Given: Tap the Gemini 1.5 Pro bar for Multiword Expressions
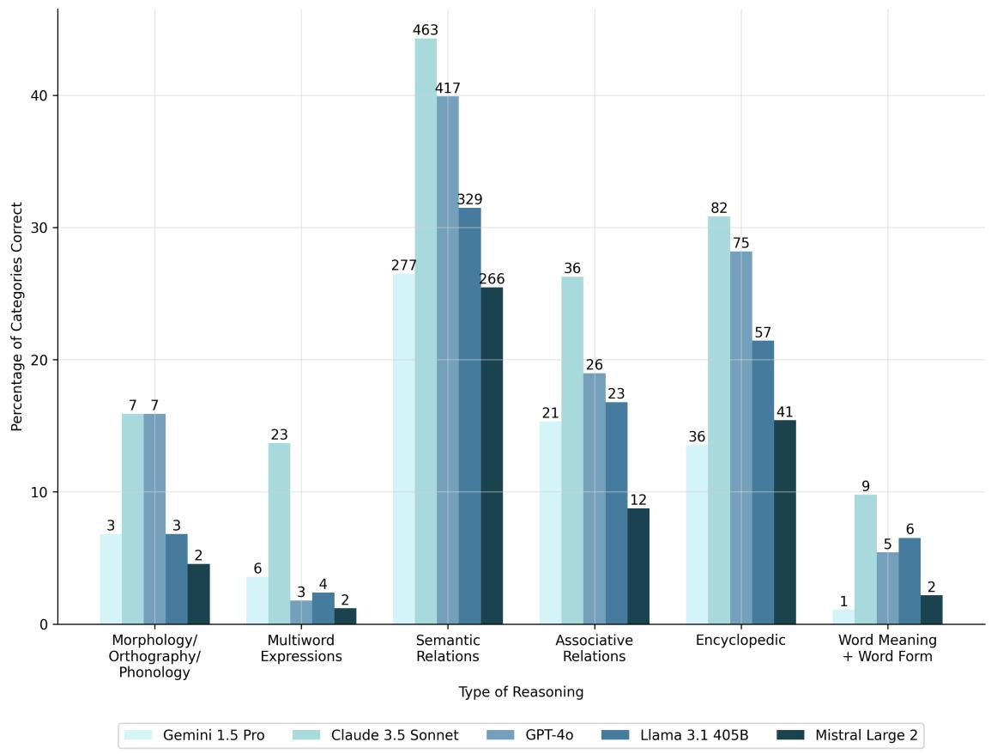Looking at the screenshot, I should (257, 600).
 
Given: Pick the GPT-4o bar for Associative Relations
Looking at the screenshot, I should (595, 498).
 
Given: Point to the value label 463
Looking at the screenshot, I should (426, 31).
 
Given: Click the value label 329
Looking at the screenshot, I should (469, 200).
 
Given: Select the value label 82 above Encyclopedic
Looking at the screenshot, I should (719, 209).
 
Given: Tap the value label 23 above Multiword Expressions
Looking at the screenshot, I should (279, 435).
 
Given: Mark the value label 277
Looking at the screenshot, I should (403, 266).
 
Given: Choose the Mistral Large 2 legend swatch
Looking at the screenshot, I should (789, 735).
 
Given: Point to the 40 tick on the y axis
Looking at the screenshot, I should (39, 95).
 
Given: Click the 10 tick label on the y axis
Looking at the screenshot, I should (39, 492).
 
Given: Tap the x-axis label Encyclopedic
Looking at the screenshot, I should (740, 641).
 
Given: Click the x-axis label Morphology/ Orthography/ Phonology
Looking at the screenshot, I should (155, 657).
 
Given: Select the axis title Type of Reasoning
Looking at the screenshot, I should (521, 692).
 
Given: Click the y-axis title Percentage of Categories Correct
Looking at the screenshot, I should (16, 316).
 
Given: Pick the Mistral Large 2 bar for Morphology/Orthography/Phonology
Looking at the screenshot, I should (198, 593).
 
